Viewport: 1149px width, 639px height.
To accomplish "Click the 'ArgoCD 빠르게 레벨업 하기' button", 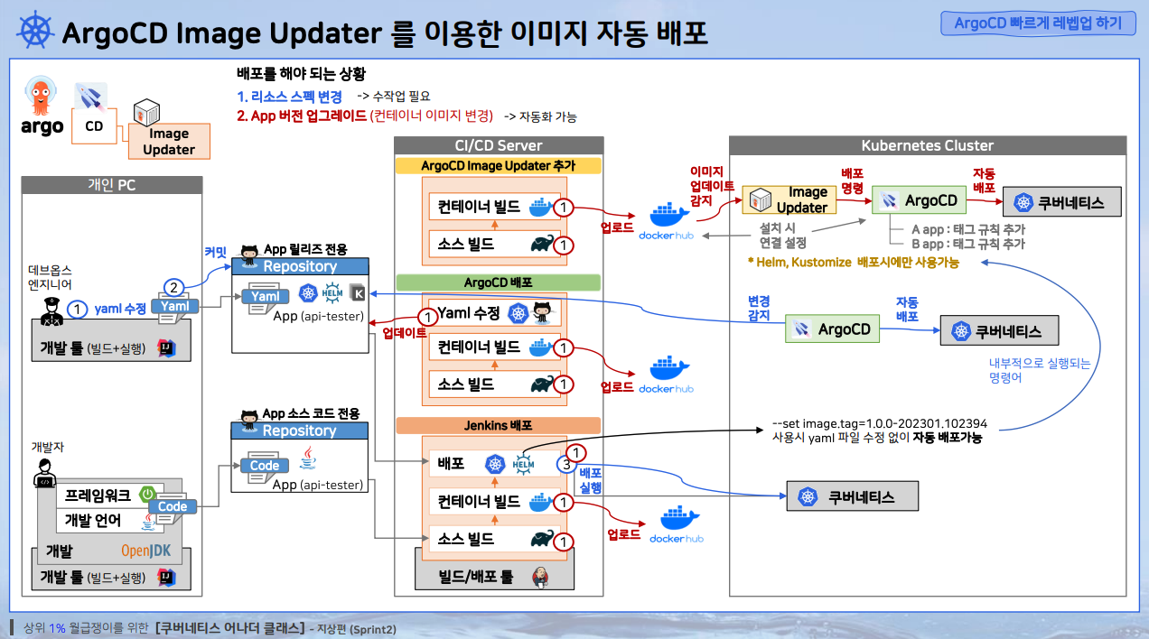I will pos(1038,23).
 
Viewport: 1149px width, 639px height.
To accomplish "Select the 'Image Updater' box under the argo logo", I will pos(169,142).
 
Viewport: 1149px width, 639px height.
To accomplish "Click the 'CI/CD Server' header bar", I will pos(499,145).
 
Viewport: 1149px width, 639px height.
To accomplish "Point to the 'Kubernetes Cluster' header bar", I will pos(927,145).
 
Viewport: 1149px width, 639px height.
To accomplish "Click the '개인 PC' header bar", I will pos(112,186).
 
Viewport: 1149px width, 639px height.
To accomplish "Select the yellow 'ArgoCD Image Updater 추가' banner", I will pos(499,166).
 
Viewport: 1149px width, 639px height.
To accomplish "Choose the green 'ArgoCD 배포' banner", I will pos(499,282).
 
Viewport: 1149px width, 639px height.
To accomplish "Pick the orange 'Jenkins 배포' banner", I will pos(499,425).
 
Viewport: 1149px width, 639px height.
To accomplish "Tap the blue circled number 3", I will pos(565,465).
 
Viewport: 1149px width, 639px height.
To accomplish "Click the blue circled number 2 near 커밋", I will pos(173,288).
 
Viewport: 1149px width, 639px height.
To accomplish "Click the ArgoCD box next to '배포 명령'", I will pos(920,200).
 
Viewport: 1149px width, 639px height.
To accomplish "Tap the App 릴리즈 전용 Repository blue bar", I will pos(301,266).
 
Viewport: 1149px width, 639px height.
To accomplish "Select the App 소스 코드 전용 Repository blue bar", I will pos(300,431).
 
